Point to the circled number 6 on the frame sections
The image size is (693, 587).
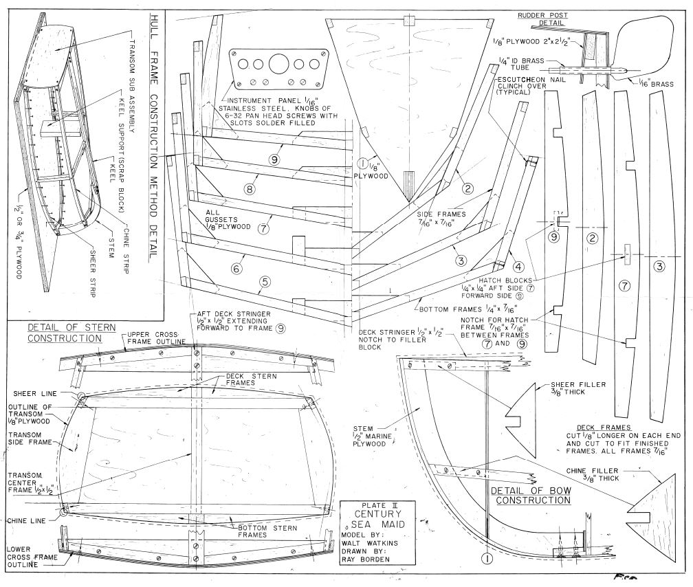[x=236, y=269]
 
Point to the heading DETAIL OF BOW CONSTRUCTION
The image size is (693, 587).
[x=531, y=496]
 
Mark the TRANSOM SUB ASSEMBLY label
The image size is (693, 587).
[x=133, y=69]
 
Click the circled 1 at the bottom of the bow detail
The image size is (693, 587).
[x=487, y=560]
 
